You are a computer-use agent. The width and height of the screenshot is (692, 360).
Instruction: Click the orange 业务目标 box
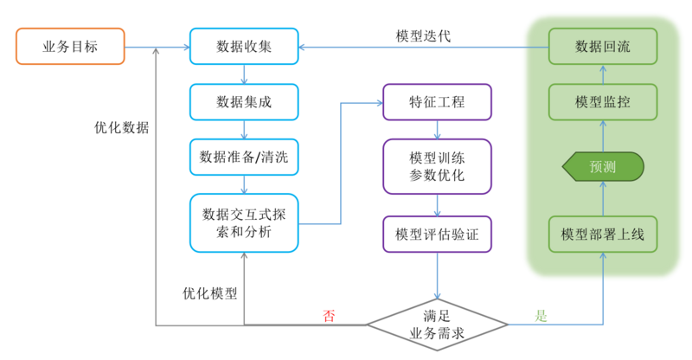[70, 46]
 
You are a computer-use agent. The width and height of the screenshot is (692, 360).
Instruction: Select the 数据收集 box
[244, 46]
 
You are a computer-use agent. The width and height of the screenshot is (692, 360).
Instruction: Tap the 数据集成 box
[244, 101]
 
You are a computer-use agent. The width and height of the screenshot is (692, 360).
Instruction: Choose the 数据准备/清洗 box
[244, 157]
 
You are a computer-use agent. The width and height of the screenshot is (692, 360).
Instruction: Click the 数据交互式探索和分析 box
[244, 222]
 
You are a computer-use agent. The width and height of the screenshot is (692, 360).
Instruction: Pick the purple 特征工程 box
[437, 101]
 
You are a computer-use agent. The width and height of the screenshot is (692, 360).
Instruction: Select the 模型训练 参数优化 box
[437, 167]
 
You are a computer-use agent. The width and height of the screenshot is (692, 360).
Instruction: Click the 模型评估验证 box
[437, 234]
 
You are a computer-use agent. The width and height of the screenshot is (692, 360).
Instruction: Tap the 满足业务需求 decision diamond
[437, 325]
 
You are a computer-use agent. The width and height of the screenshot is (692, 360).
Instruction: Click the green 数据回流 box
[603, 46]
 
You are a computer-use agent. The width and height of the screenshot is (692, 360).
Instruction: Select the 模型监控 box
[603, 101]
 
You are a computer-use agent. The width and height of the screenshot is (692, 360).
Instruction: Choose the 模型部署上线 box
[603, 234]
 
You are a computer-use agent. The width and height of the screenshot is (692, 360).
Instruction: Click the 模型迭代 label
[423, 36]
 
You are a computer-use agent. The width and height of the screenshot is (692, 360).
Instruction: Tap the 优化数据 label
[121, 127]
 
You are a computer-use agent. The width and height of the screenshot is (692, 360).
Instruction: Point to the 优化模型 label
[209, 292]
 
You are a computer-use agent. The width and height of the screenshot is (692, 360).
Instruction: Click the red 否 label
[330, 315]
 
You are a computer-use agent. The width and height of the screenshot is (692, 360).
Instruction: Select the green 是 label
[541, 315]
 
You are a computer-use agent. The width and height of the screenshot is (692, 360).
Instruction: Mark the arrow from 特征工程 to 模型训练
[437, 129]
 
